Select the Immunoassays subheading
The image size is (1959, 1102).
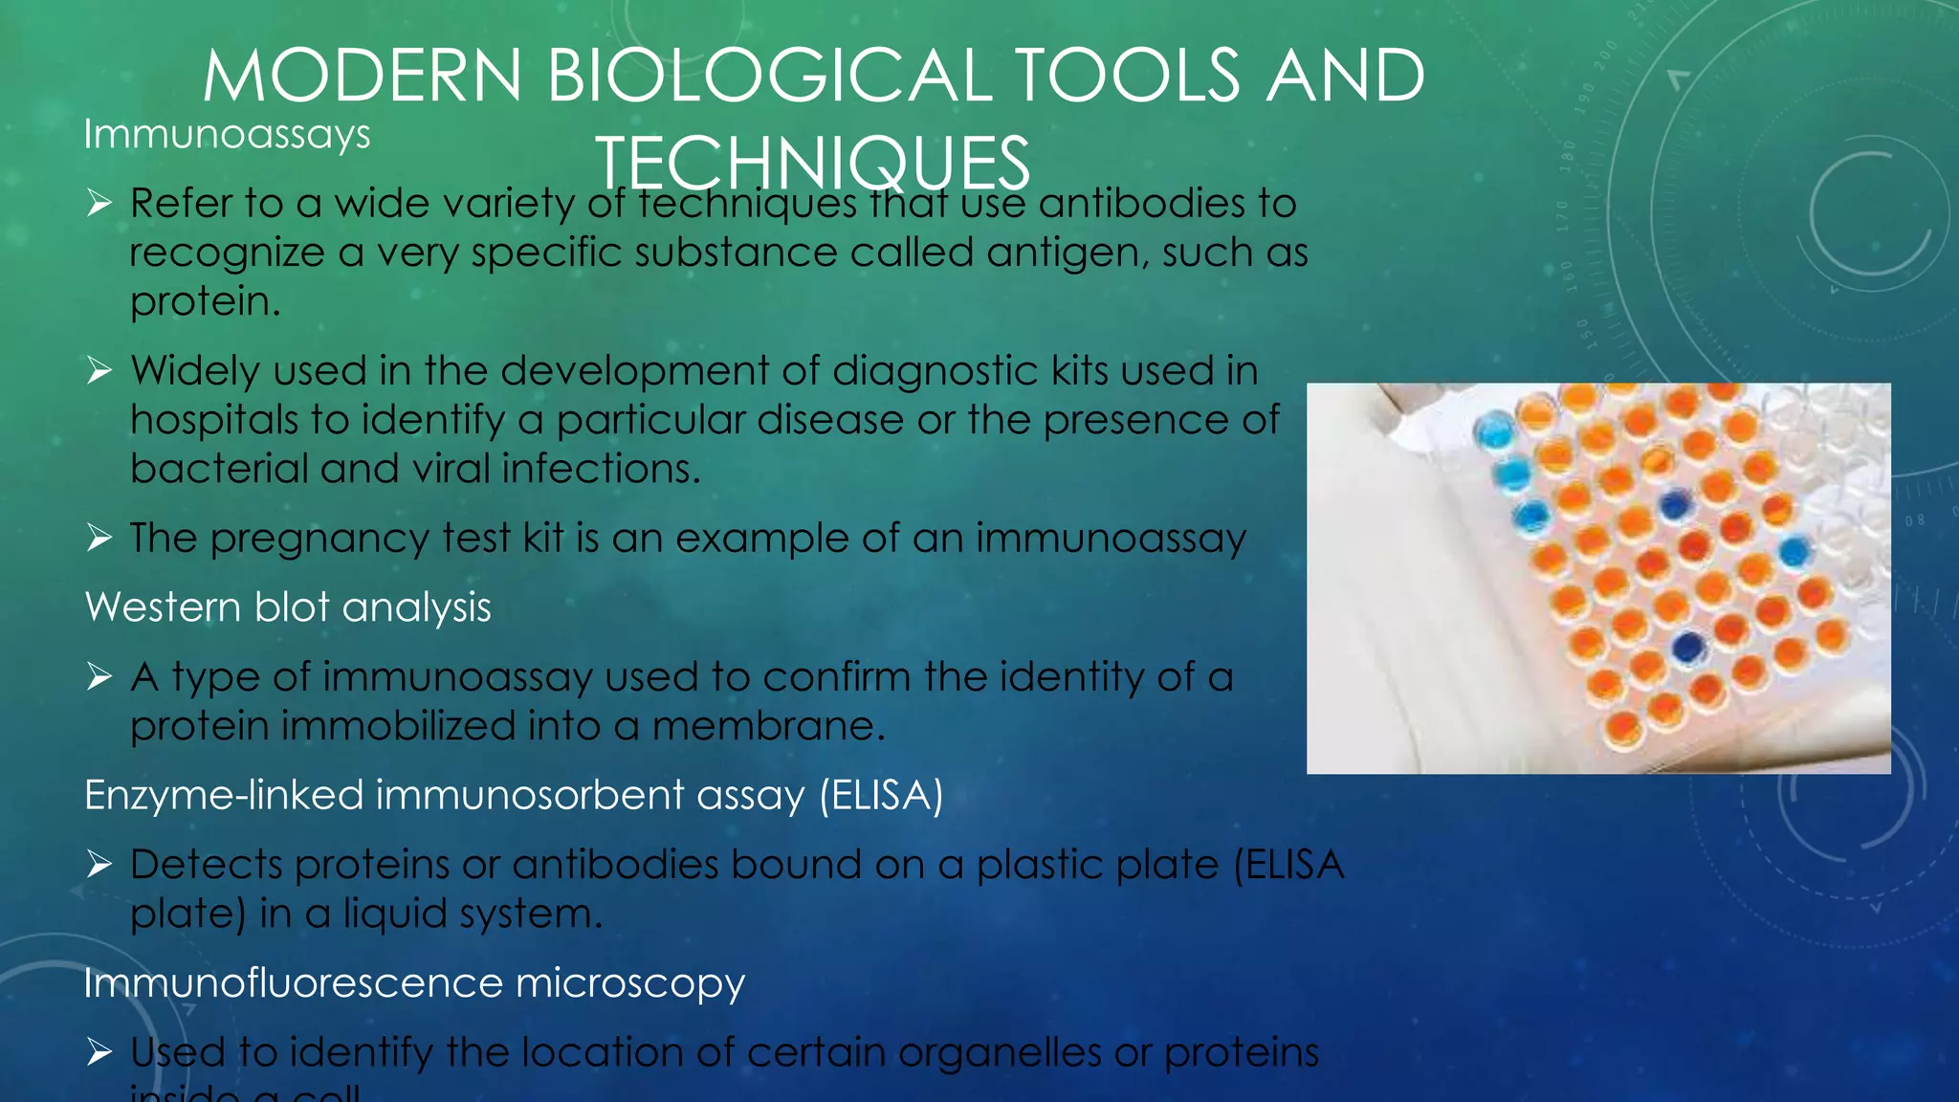point(227,134)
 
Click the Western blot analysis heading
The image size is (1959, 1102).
point(288,607)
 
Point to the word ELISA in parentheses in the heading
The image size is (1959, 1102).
point(881,796)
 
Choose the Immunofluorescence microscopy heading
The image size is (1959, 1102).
point(414,983)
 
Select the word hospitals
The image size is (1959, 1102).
point(214,421)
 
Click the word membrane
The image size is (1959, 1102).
point(768,726)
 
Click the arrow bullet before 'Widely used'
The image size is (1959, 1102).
point(99,371)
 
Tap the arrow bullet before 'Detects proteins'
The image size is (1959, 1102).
point(99,865)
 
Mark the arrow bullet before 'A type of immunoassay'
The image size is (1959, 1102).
point(99,677)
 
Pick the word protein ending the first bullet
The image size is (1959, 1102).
point(204,303)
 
